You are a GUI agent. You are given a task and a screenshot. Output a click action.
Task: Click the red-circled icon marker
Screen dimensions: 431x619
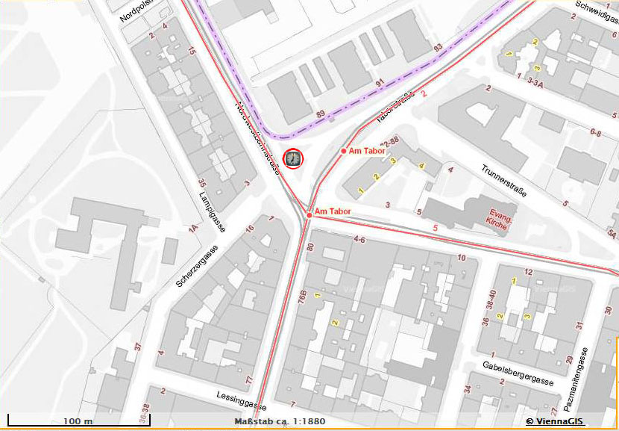294,158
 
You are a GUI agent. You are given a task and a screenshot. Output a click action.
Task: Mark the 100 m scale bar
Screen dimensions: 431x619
51,423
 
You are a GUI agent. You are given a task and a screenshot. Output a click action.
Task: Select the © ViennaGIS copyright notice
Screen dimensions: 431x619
555,421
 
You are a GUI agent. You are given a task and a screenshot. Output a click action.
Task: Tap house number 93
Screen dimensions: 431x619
438,49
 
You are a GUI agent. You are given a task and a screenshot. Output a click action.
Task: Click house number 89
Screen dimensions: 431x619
321,114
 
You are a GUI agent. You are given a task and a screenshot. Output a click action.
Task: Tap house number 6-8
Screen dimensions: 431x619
596,132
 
